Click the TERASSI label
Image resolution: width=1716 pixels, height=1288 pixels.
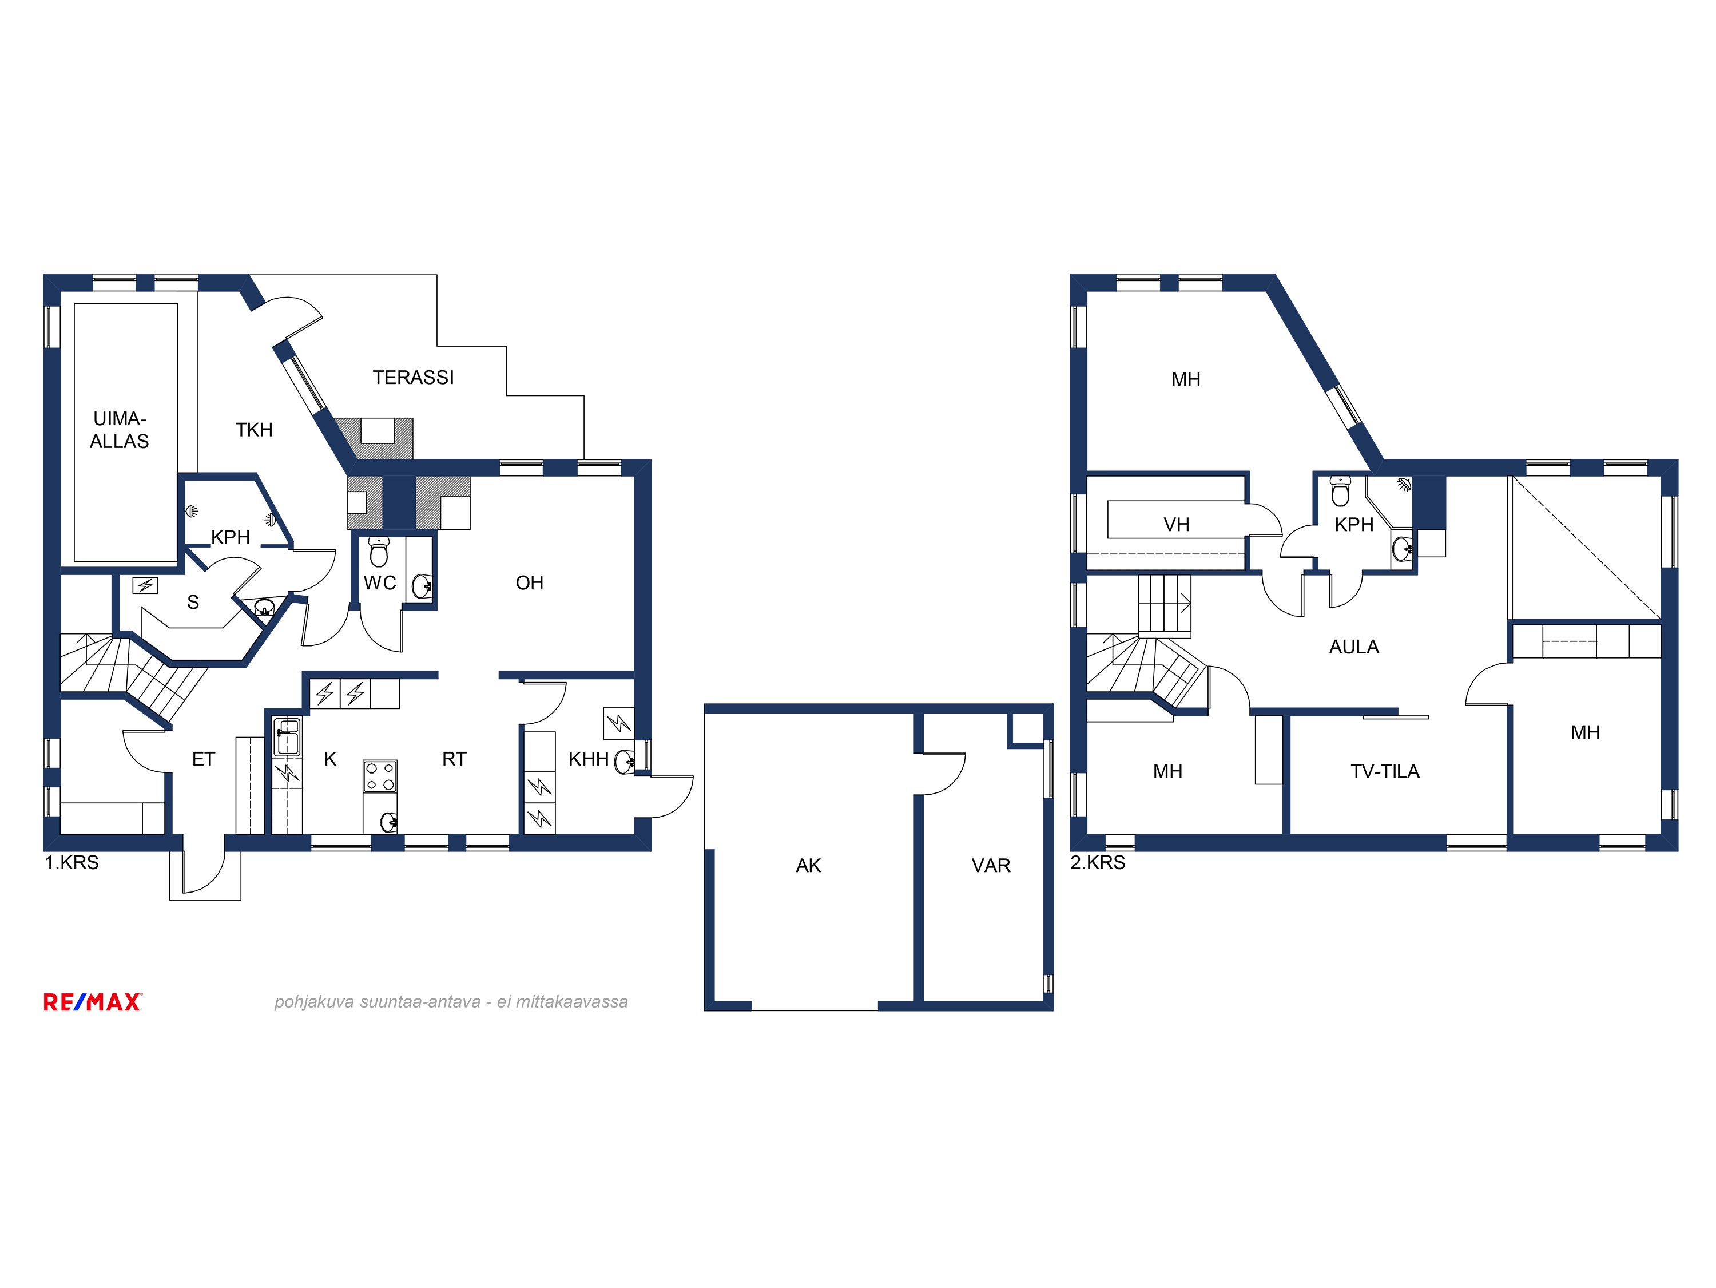[x=413, y=378]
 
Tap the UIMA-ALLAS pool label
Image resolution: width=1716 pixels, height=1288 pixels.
[x=120, y=430]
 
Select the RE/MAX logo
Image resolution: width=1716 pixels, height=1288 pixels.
[x=92, y=1002]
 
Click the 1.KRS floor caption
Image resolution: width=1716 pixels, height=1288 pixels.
[x=71, y=863]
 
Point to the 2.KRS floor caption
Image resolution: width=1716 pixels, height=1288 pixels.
[x=1098, y=863]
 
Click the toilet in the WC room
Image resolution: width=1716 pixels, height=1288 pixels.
[x=379, y=552]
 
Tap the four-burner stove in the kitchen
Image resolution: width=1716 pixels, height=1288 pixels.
[x=380, y=776]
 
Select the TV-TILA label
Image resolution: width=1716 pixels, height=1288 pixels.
[x=1385, y=772]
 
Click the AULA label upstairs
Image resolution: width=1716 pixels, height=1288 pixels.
[x=1354, y=647]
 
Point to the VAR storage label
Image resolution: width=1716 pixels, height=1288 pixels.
[x=991, y=866]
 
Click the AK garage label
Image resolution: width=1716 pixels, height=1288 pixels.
[x=808, y=866]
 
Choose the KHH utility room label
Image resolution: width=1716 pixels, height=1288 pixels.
[x=588, y=760]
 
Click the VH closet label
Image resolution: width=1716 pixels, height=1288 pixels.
[x=1176, y=525]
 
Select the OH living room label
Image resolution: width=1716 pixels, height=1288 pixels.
[x=529, y=584]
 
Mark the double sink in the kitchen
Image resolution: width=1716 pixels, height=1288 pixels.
[x=287, y=737]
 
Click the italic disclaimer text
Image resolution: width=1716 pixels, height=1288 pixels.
[x=451, y=1002]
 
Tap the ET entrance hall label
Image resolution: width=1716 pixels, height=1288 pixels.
[x=203, y=760]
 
